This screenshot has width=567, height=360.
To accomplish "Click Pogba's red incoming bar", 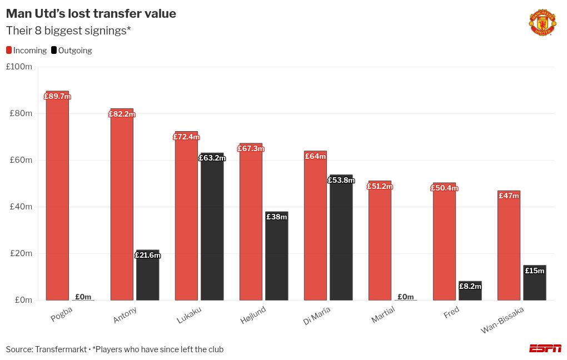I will (57, 200).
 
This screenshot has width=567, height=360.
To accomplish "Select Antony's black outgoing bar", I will (147, 278).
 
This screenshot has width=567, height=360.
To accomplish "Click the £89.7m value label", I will (57, 97).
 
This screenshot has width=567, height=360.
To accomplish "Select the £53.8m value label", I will (341, 180).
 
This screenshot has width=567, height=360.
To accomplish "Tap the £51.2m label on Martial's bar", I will (380, 187).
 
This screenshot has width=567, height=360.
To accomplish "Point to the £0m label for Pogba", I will (83, 297).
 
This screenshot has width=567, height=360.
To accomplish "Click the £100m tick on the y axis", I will (19, 67).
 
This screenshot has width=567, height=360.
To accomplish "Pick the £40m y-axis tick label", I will (21, 207).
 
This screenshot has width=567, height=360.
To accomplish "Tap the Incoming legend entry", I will (27, 51).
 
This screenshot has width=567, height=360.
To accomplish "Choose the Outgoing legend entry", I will (72, 51).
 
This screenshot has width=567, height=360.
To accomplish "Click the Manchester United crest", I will (541, 23).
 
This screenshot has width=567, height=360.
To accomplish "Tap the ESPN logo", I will (545, 348).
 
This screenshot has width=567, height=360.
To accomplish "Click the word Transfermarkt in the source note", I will (61, 349).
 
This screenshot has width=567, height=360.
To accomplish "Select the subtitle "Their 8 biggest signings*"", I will (68, 31).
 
